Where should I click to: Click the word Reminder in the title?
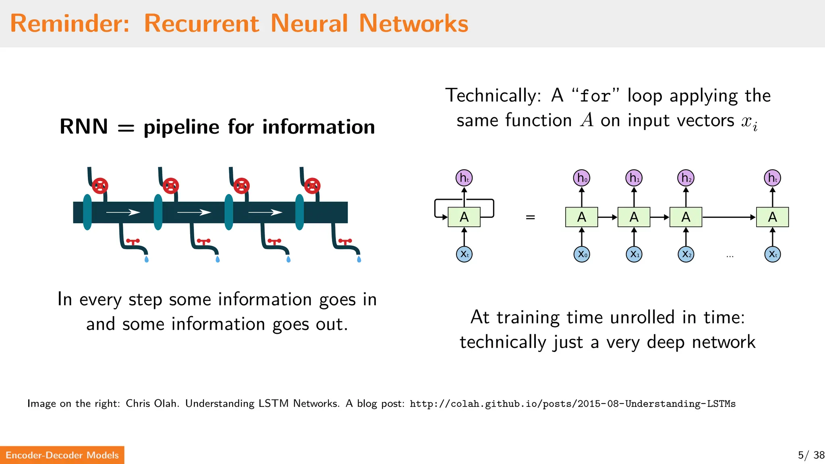pyautogui.click(x=69, y=23)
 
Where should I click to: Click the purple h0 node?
pyautogui.click(x=581, y=178)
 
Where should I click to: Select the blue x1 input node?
pyautogui.click(x=634, y=254)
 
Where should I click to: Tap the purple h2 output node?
pyautogui.click(x=686, y=178)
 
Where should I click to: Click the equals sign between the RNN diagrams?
pyautogui.click(x=530, y=217)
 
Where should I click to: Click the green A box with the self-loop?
pyautogui.click(x=464, y=217)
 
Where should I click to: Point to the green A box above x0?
pyautogui.click(x=581, y=217)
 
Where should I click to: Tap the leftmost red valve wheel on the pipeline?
pyautogui.click(x=100, y=186)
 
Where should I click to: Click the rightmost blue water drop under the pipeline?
pyautogui.click(x=359, y=259)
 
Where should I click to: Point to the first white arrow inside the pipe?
pyautogui.click(x=123, y=212)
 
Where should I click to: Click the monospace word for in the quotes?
pyautogui.click(x=595, y=96)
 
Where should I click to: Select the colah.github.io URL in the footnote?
pyautogui.click(x=572, y=404)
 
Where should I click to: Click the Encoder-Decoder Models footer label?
pyautogui.click(x=62, y=455)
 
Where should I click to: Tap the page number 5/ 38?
pyautogui.click(x=810, y=455)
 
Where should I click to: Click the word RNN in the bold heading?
pyautogui.click(x=84, y=126)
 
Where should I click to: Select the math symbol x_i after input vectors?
pyautogui.click(x=749, y=122)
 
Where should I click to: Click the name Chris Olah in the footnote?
pyautogui.click(x=152, y=404)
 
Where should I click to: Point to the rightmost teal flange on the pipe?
pyautogui.click(x=299, y=212)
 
